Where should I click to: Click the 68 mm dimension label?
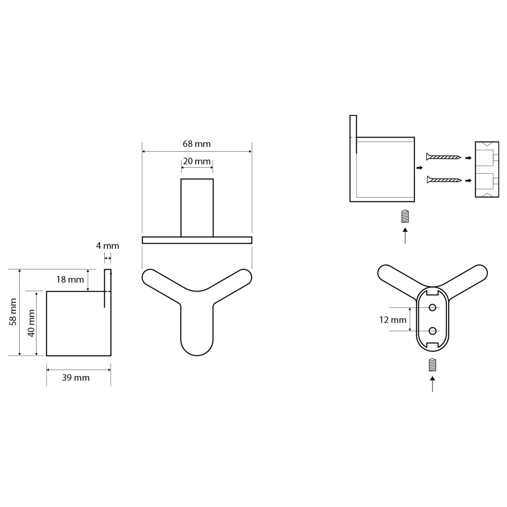click(x=197, y=144)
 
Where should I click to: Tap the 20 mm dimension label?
click(x=197, y=161)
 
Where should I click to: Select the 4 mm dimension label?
click(x=108, y=246)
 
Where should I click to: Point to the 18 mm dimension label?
click(x=70, y=280)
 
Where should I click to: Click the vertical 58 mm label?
click(x=13, y=312)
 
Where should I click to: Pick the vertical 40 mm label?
click(x=31, y=323)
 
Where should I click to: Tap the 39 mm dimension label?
click(x=76, y=377)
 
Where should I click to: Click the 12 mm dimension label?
click(x=393, y=320)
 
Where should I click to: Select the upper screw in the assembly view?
click(x=444, y=157)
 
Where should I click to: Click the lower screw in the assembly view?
click(x=444, y=180)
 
